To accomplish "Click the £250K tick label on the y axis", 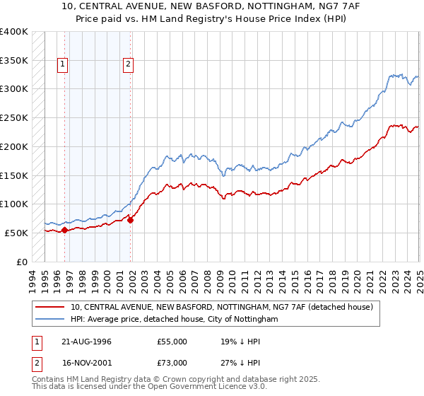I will [x=13, y=117].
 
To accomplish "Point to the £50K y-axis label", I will [x=16, y=233].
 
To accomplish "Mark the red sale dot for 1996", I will [x=64, y=230].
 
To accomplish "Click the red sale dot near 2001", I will [x=130, y=219].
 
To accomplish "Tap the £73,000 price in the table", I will [x=172, y=363].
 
